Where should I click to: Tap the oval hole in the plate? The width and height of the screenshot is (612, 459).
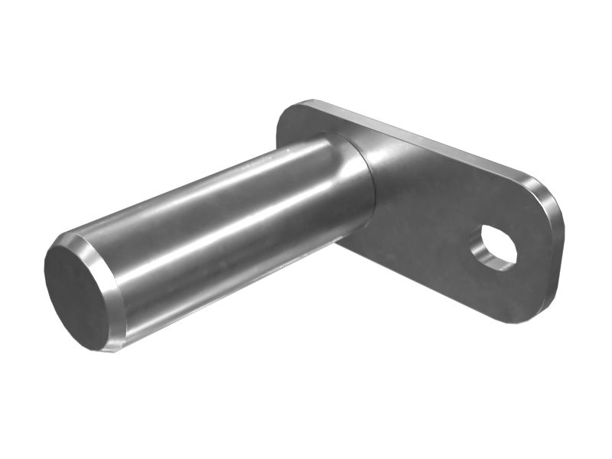(493, 246)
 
